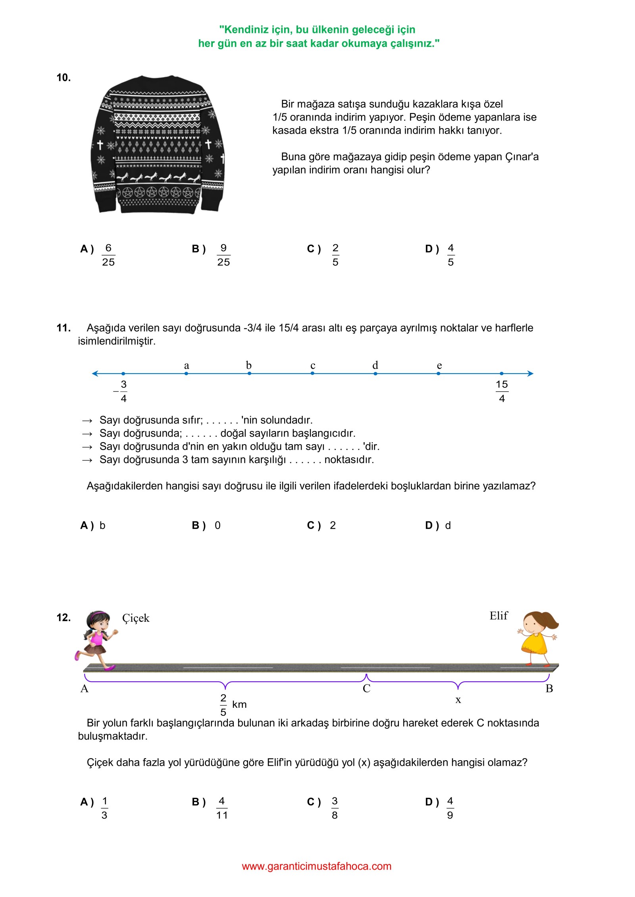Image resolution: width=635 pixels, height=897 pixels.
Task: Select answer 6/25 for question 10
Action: click(108, 255)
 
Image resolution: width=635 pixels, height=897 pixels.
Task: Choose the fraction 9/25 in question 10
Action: click(223, 255)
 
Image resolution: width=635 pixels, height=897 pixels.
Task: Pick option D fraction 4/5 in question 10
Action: click(450, 255)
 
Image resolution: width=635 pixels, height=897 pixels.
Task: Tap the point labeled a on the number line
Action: click(186, 373)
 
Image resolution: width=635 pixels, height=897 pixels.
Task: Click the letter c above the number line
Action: click(313, 365)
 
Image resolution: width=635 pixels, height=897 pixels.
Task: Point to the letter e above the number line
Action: click(439, 365)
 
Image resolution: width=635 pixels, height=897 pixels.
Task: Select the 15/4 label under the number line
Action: click(502, 391)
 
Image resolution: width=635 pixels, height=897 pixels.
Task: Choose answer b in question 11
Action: click(102, 525)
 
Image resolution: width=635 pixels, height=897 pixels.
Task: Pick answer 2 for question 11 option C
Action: click(333, 525)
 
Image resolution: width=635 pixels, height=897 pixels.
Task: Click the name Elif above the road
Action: click(498, 616)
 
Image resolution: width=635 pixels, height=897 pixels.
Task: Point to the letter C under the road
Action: click(366, 688)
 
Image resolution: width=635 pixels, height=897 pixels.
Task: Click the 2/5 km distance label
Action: click(233, 705)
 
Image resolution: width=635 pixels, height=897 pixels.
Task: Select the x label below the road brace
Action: click(458, 700)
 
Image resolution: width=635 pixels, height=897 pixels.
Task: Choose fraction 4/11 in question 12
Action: click(222, 808)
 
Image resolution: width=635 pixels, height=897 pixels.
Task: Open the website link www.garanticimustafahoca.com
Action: click(317, 866)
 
